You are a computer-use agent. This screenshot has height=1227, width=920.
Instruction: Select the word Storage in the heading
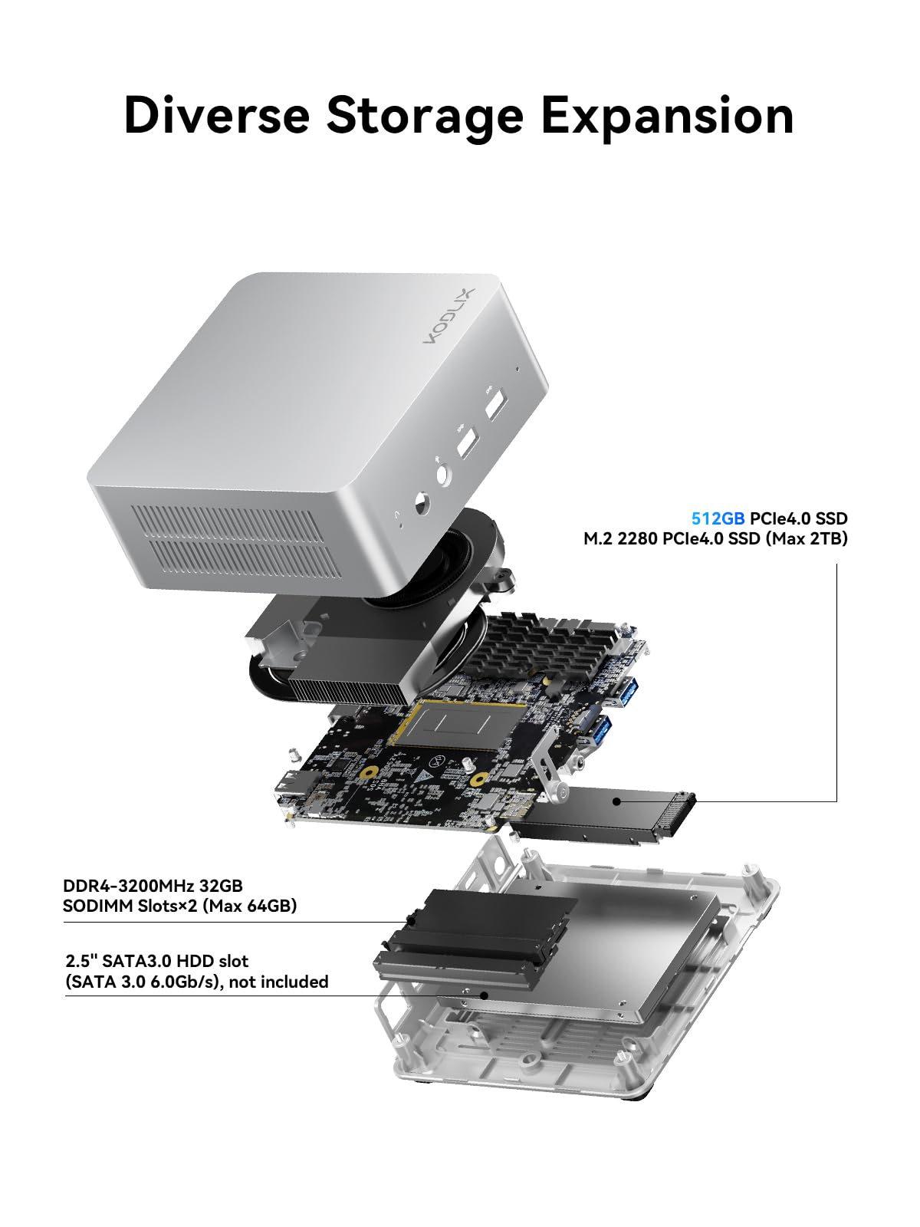click(x=425, y=116)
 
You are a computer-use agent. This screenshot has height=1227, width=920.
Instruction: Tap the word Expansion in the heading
click(x=667, y=116)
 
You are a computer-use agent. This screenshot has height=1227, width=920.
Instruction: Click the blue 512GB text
click(x=718, y=518)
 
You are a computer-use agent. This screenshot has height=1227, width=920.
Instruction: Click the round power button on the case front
click(x=421, y=505)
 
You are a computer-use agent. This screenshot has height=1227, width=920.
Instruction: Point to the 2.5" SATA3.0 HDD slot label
click(x=157, y=961)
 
